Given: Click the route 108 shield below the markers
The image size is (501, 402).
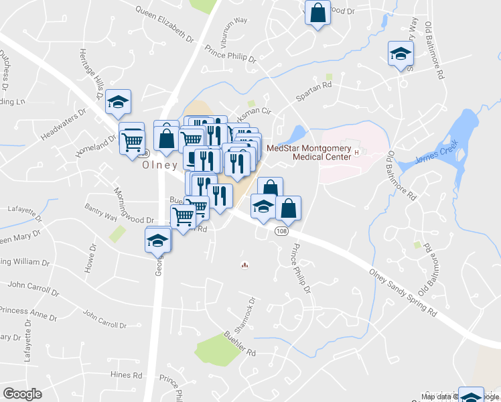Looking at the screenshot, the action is pos(280,230).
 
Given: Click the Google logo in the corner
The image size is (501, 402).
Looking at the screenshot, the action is pos(23,394).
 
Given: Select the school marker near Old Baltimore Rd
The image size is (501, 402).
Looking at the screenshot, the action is pos(401,54).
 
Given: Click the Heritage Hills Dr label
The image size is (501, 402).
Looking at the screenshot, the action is pos(92,70).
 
